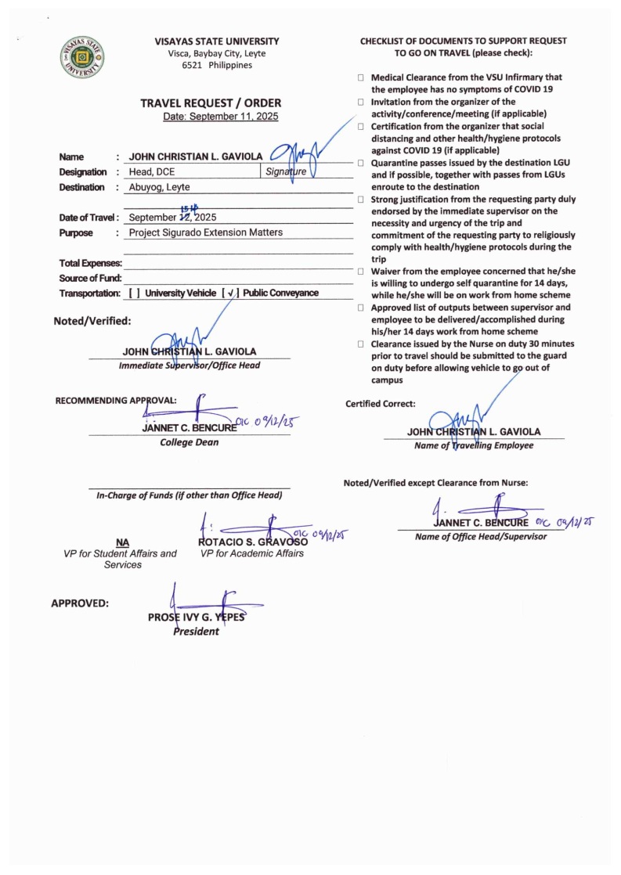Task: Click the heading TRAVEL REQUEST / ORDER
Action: coord(211,103)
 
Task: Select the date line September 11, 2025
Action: coord(220,117)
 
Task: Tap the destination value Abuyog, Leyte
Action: coord(159,187)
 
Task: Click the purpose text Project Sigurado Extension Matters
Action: coord(206,232)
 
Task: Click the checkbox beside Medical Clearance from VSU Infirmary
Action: coord(361,77)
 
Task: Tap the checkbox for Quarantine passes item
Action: coord(361,163)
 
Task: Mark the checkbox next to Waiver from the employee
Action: coord(361,271)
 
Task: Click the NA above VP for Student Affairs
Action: coord(121,542)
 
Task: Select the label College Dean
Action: coord(190,442)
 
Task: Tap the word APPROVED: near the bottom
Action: coord(80,603)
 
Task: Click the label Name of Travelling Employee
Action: coord(474,445)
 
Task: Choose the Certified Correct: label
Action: coord(381,404)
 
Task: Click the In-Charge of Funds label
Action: coord(189,495)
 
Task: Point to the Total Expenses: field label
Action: coord(90,263)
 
